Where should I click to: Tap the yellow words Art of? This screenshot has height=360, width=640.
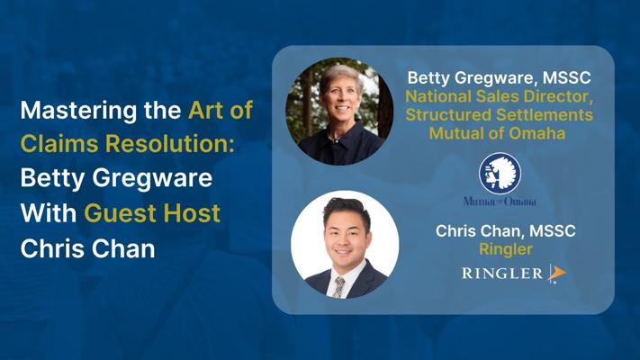(x=221, y=110)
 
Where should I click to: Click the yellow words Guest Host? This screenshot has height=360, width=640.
(x=152, y=212)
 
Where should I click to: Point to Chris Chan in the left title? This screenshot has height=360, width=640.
(x=87, y=248)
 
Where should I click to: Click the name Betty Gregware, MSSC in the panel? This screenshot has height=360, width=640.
(x=499, y=77)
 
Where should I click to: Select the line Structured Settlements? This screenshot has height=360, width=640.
(x=499, y=114)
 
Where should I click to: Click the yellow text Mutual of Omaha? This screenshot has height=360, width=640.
(x=497, y=133)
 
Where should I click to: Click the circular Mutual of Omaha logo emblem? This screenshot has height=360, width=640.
(x=500, y=173)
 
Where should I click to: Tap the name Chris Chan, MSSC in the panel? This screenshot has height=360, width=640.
(x=505, y=230)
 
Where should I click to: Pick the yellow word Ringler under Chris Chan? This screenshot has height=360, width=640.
(x=506, y=249)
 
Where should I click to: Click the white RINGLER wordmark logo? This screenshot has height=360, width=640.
(x=502, y=273)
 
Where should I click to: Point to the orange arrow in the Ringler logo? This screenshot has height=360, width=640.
(x=557, y=272)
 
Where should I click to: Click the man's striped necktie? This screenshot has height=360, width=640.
(x=338, y=287)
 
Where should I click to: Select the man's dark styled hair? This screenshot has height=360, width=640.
(x=347, y=211)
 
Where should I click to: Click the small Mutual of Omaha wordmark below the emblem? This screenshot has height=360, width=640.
(x=500, y=202)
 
